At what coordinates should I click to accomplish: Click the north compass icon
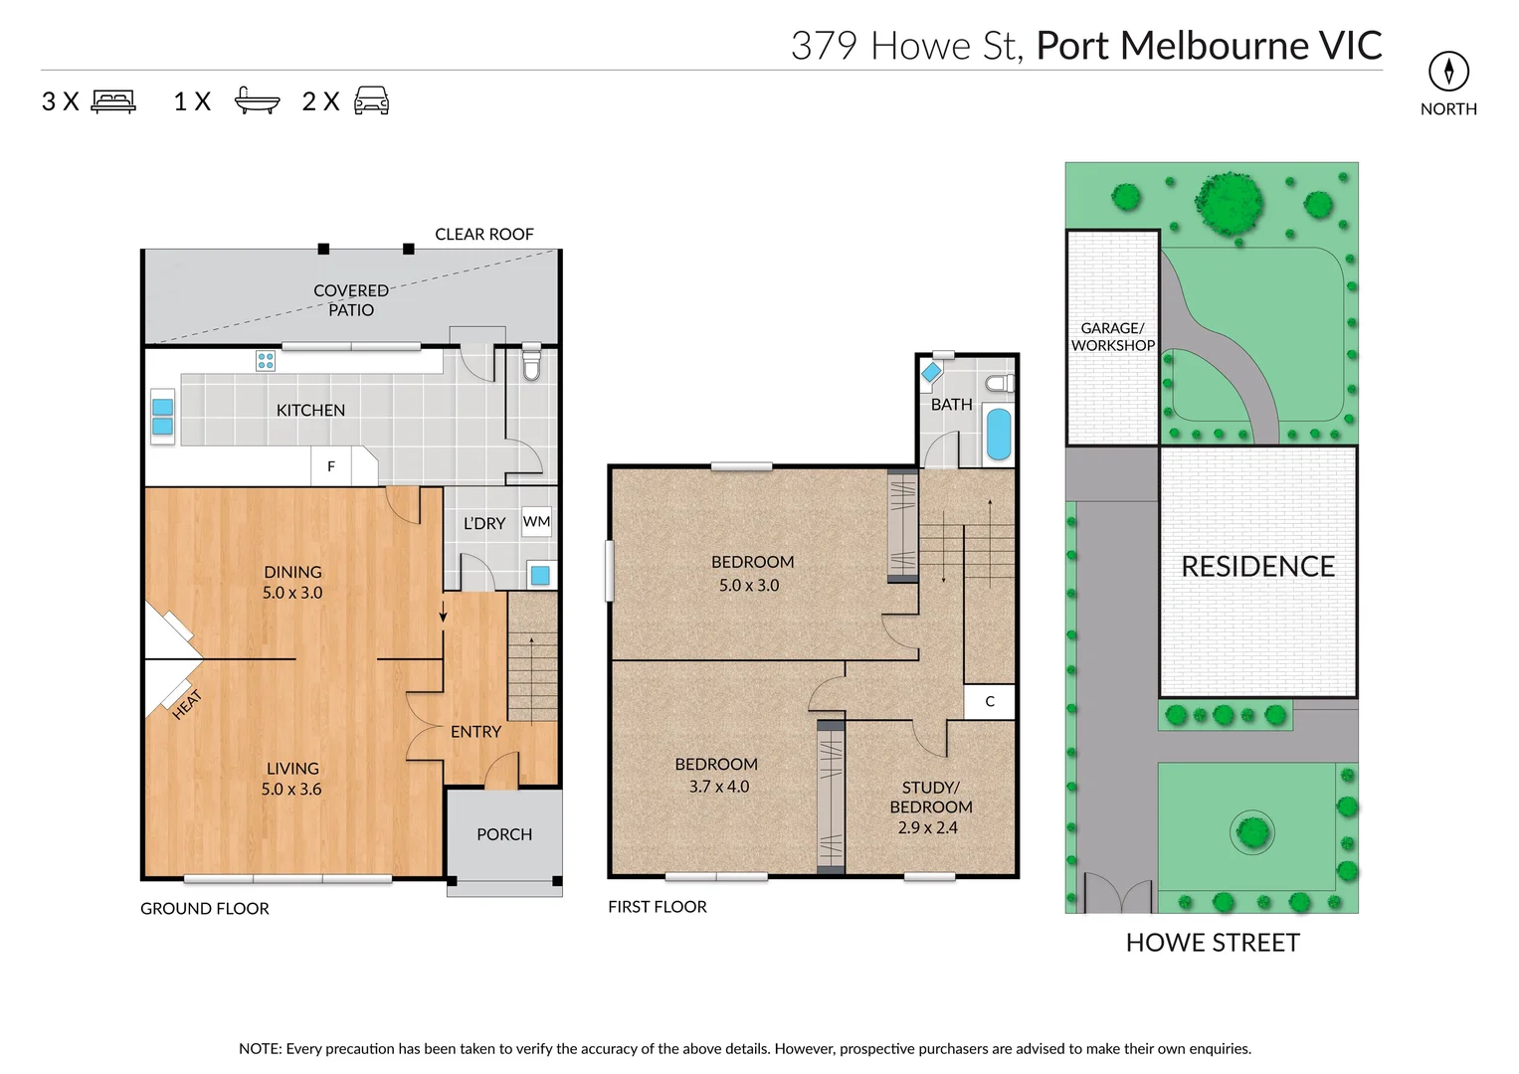pyautogui.click(x=1448, y=71)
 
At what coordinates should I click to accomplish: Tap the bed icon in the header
pyautogui.click(x=113, y=101)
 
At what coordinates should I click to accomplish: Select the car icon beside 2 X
pyautogui.click(x=371, y=100)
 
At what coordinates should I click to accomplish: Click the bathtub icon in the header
pyautogui.click(x=257, y=100)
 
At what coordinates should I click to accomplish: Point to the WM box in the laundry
pyautogui.click(x=536, y=521)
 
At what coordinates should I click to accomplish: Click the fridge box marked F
pyautogui.click(x=331, y=465)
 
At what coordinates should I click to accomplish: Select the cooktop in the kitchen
pyautogui.click(x=266, y=361)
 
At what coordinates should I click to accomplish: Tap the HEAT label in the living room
pyautogui.click(x=186, y=704)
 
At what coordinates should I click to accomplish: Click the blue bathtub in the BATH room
pyautogui.click(x=998, y=435)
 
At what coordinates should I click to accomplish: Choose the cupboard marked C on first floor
pyautogui.click(x=990, y=701)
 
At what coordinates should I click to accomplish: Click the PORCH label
pyautogui.click(x=504, y=834)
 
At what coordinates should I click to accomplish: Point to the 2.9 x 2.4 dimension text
pyautogui.click(x=927, y=827)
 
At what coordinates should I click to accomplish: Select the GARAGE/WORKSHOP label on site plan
pyautogui.click(x=1112, y=336)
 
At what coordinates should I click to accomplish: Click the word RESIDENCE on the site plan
pyautogui.click(x=1257, y=567)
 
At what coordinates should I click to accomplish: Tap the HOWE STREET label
pyautogui.click(x=1212, y=942)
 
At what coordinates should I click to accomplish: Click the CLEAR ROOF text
pyautogui.click(x=484, y=234)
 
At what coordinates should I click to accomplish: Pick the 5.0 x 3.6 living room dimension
pyautogui.click(x=291, y=789)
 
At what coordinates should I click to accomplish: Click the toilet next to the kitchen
pyautogui.click(x=531, y=365)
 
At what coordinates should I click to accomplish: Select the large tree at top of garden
pyautogui.click(x=1231, y=203)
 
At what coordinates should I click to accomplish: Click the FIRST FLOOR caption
pyautogui.click(x=658, y=907)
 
